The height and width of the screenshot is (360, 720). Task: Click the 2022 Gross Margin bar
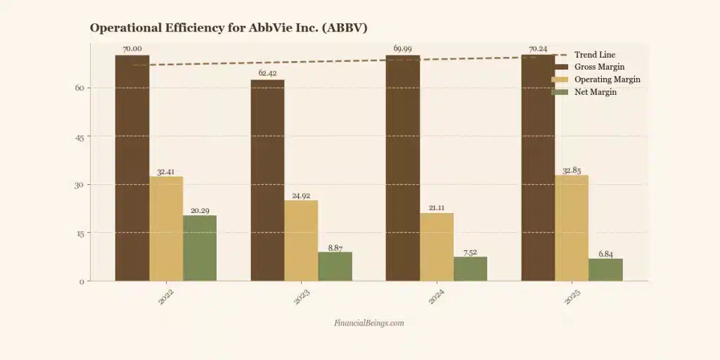tap(132, 169)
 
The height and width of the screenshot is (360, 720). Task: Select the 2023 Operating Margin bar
tap(301, 240)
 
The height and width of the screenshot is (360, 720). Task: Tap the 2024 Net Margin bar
tap(470, 269)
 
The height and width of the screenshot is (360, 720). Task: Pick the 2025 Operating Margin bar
tap(572, 228)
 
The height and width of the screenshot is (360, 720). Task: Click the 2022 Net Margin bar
tap(200, 248)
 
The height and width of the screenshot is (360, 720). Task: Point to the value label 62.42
tap(268, 73)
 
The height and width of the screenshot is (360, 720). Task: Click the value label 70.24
tap(538, 49)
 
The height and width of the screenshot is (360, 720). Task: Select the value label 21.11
tap(436, 206)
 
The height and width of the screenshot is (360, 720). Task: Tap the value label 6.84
tap(605, 252)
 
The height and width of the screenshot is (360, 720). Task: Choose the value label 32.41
tap(166, 170)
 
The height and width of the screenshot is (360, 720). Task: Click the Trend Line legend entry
tap(595, 55)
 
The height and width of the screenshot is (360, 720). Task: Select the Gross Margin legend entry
tap(599, 67)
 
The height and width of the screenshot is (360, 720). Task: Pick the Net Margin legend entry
tap(595, 92)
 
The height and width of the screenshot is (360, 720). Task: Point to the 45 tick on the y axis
tap(79, 136)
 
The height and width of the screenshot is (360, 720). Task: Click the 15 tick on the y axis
tap(79, 233)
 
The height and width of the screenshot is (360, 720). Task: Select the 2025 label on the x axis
tap(572, 298)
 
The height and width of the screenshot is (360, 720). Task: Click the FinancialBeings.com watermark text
tap(369, 323)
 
